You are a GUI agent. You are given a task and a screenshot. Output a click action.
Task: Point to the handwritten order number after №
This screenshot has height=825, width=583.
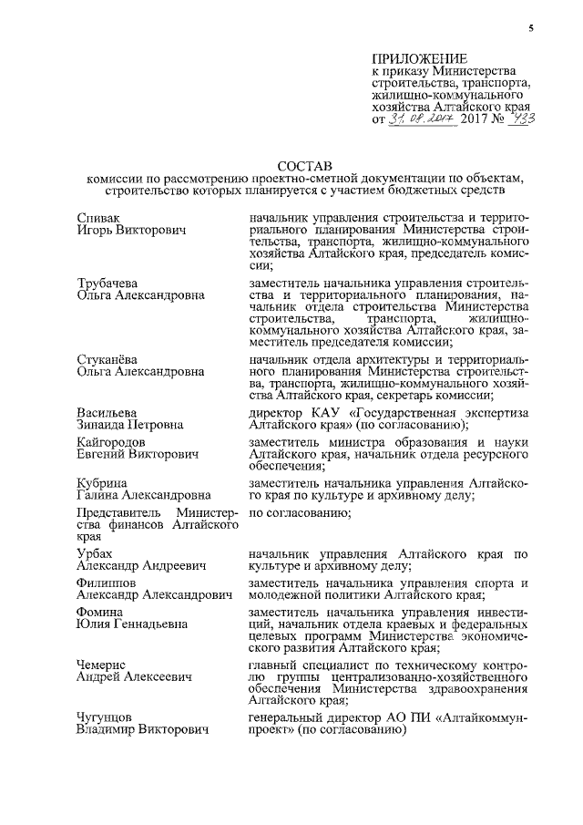[525, 119]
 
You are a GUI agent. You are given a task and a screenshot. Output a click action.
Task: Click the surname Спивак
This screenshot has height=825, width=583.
[100, 219]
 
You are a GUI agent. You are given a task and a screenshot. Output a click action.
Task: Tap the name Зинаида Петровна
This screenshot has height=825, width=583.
[130, 425]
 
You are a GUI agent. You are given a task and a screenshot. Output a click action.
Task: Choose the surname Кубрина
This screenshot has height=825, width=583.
[103, 482]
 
